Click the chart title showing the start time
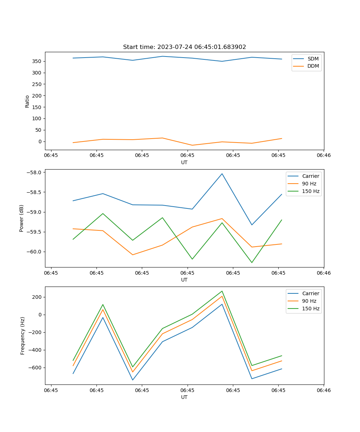(x=184, y=47)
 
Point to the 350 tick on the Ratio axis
(x=37, y=61)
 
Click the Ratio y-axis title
(x=27, y=101)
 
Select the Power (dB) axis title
(x=22, y=218)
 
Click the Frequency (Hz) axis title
(x=23, y=336)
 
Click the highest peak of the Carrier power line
(x=222, y=174)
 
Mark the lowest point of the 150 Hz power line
(x=252, y=262)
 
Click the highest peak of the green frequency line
(x=222, y=291)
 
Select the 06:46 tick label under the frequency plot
(x=324, y=390)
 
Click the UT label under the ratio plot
(x=184, y=162)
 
